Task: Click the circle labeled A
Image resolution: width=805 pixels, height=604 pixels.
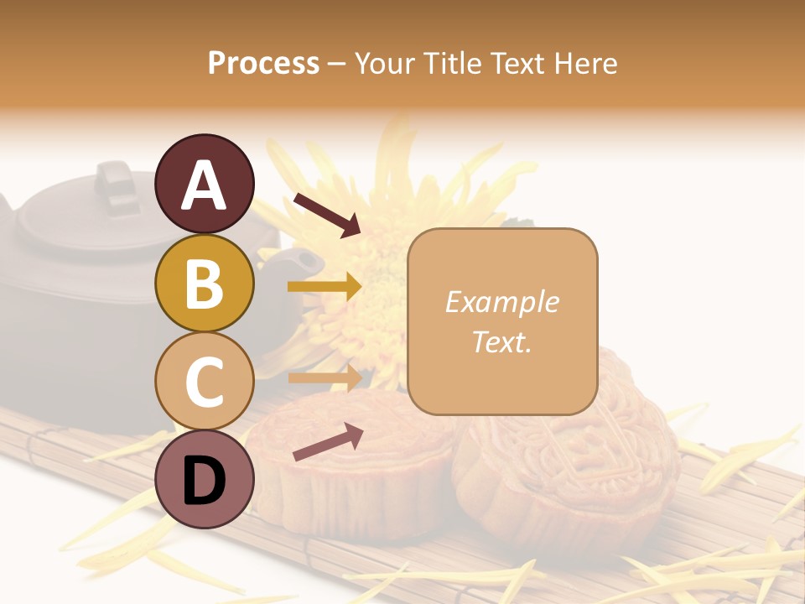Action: (x=204, y=184)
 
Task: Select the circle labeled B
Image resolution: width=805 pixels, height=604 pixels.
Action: (x=204, y=283)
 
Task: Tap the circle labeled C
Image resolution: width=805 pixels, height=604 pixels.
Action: (x=204, y=381)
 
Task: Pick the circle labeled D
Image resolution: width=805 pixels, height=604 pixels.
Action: (x=204, y=479)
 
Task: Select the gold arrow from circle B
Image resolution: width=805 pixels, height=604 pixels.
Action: (x=325, y=287)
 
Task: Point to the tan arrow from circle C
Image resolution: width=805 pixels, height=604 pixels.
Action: (x=325, y=378)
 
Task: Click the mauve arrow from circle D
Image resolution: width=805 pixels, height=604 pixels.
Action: (x=328, y=442)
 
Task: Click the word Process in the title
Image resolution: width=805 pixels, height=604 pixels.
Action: (x=263, y=63)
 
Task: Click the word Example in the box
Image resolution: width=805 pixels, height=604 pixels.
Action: (x=501, y=302)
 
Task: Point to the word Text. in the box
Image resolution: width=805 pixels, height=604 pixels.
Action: (x=501, y=341)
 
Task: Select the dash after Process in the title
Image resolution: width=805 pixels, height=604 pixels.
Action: (x=337, y=65)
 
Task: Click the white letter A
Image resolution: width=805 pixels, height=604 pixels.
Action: (x=204, y=185)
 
